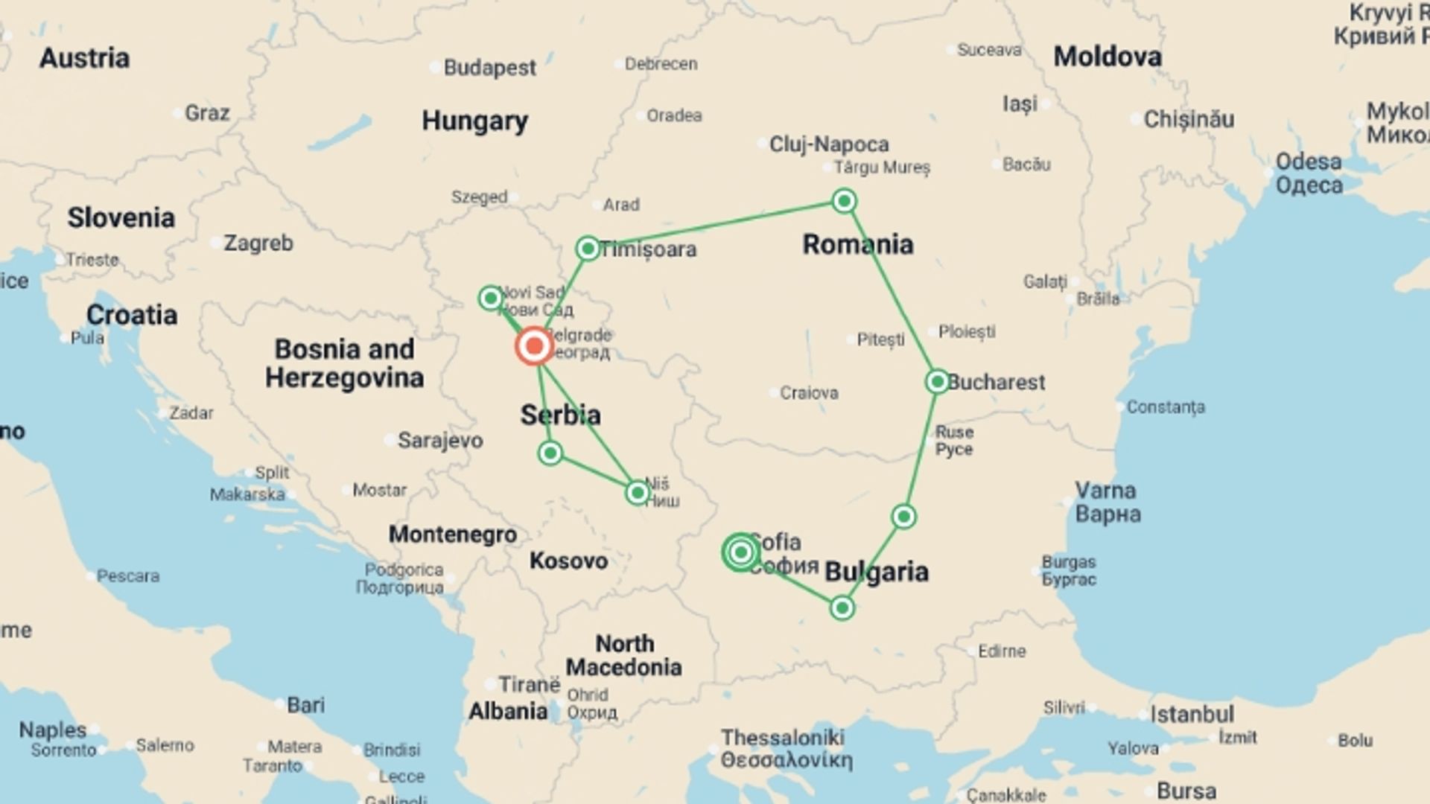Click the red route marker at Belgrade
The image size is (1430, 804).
(x=534, y=346)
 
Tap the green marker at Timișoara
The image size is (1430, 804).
(x=588, y=249)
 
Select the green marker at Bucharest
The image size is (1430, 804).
(x=937, y=382)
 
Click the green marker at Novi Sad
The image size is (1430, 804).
(x=490, y=299)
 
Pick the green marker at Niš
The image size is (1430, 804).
(x=638, y=493)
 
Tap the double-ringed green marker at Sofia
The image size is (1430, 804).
(x=740, y=552)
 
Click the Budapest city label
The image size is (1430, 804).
(x=489, y=68)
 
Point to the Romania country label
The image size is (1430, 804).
(x=857, y=244)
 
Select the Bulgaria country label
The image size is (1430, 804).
(x=877, y=572)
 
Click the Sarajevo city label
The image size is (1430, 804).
(x=439, y=440)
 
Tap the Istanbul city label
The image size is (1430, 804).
(x=1192, y=715)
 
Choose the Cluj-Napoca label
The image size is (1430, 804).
(x=828, y=144)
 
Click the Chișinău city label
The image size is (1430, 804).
(x=1189, y=119)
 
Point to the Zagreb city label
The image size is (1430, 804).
(x=258, y=243)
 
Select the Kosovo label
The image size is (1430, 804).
(x=568, y=561)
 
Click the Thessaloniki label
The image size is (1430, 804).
(x=782, y=738)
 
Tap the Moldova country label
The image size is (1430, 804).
(x=1107, y=57)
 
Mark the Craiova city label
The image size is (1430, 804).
(x=809, y=392)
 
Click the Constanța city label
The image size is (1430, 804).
(x=1165, y=407)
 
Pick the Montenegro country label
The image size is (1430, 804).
(x=452, y=534)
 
